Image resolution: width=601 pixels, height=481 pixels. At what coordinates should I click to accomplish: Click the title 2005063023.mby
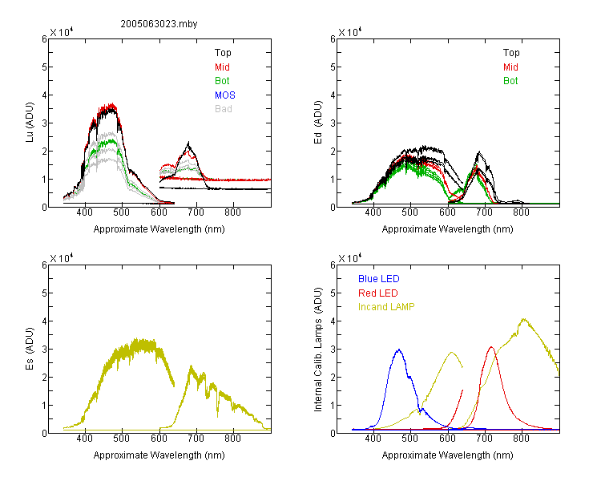(159, 24)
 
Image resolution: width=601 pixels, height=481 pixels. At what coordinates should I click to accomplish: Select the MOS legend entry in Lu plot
(225, 95)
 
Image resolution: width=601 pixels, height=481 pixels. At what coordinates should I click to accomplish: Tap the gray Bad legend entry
(223, 109)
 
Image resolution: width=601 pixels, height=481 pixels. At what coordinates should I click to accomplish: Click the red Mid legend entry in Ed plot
(510, 67)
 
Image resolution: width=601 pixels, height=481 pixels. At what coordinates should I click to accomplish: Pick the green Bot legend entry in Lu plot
(222, 81)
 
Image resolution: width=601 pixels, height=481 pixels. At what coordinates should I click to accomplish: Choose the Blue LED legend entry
(379, 279)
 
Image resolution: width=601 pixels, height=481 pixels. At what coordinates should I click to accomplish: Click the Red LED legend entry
(378, 293)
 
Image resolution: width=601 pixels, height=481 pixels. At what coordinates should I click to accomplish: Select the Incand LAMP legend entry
(386, 307)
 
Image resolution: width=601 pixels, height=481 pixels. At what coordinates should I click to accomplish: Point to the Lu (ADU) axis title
(30, 123)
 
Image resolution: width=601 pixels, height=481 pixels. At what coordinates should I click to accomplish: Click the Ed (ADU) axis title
(318, 123)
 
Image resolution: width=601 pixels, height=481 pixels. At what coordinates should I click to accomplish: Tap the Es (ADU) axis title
(30, 349)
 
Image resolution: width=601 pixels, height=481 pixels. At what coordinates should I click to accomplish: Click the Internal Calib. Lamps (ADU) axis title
(318, 350)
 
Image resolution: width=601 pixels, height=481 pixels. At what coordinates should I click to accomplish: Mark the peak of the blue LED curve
(399, 350)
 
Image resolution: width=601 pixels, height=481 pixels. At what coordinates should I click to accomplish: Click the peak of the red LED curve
(491, 347)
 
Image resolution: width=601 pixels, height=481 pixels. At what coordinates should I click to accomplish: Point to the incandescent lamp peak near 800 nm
(523, 319)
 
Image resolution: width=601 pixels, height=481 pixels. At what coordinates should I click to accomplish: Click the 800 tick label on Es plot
(232, 439)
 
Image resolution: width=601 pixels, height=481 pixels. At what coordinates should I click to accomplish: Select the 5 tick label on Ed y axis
(333, 67)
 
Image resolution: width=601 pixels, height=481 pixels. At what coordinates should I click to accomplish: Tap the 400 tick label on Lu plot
(84, 212)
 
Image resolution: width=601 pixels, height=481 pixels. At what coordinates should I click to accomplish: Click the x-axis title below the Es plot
(159, 455)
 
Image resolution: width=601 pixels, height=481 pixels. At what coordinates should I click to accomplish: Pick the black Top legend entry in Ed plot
(511, 53)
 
